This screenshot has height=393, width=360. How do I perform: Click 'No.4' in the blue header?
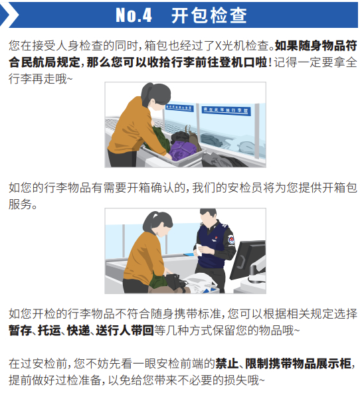[x=134, y=15]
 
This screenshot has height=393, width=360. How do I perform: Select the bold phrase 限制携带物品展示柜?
[x=298, y=364]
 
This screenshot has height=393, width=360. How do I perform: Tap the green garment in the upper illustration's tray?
[x=159, y=139]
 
